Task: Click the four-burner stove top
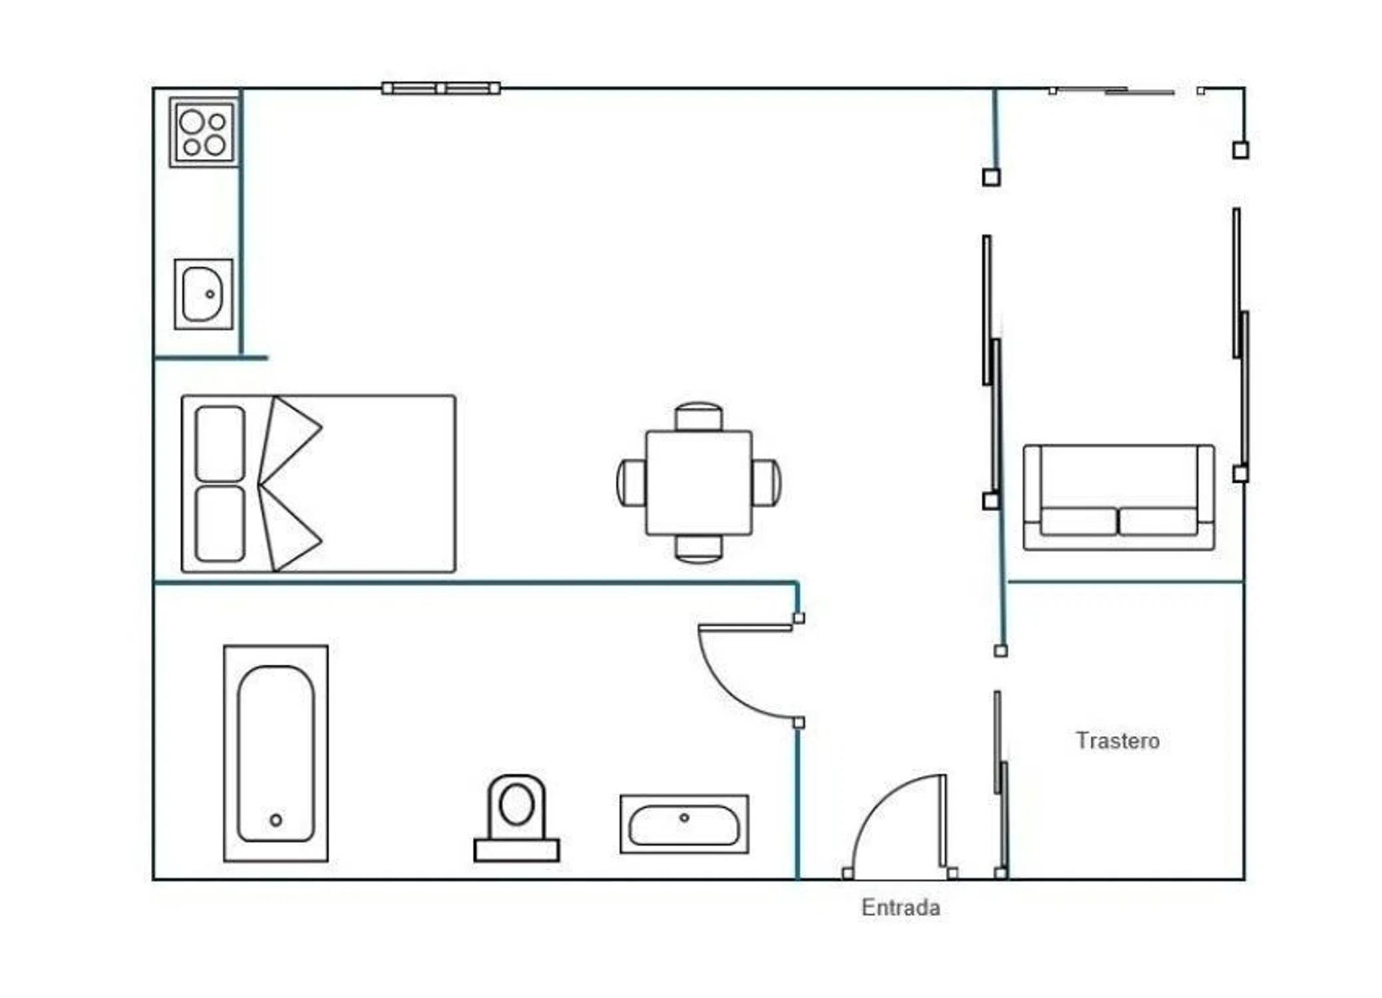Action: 204,132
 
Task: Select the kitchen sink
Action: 204,294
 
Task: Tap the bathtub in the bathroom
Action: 276,753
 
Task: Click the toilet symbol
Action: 516,818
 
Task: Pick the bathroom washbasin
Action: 684,824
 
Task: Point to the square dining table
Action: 699,483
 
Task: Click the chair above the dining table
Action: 699,417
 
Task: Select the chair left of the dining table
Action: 631,483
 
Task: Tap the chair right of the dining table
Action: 767,483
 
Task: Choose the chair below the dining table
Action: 699,549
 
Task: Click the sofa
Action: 1119,498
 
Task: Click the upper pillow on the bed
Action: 220,444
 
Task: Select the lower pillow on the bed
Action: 220,524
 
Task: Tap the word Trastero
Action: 1118,741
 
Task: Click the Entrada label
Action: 901,908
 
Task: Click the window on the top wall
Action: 441,88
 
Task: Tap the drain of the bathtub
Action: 276,820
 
